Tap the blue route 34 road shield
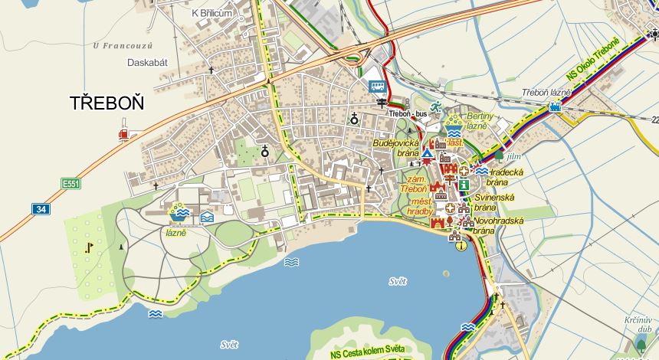(x=41, y=208)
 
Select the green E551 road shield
(x=70, y=184)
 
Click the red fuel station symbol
(x=123, y=135)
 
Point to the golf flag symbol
(x=90, y=247)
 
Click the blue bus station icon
(x=376, y=87)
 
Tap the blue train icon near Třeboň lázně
(x=555, y=106)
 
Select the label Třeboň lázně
(x=546, y=93)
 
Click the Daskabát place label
(x=147, y=62)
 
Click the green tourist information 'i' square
(x=464, y=185)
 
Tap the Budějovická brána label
(x=395, y=148)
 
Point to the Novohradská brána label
(x=499, y=225)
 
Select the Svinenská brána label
(x=494, y=202)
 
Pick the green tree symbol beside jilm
(x=499, y=155)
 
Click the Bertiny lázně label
(x=477, y=120)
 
